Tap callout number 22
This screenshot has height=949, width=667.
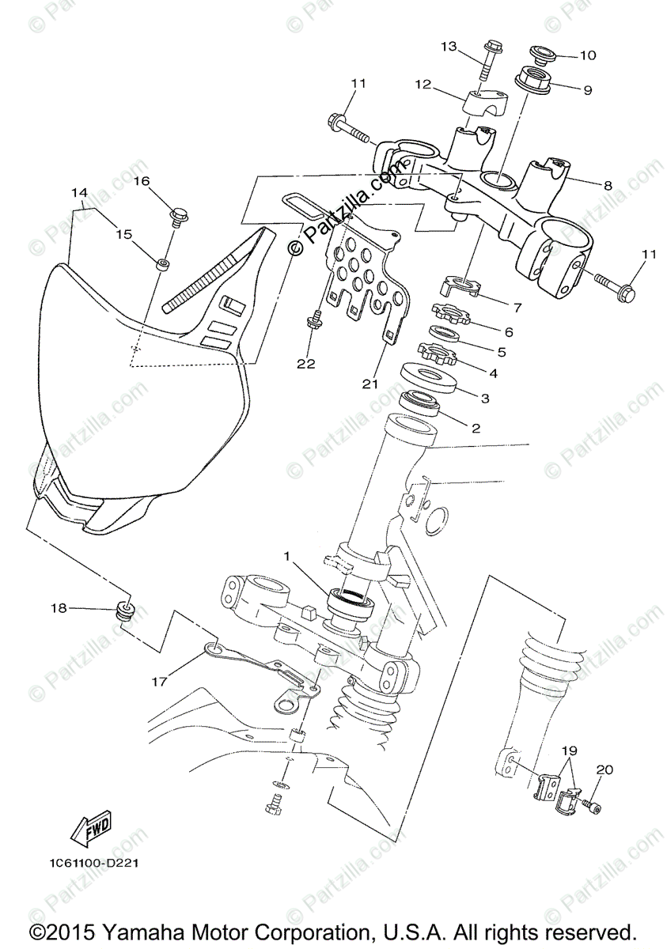coord(306,364)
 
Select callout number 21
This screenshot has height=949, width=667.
coord(370,384)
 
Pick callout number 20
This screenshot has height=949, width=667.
coord(604,768)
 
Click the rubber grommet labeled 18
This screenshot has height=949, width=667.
coord(126,611)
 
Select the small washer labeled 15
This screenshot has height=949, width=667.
coord(163,263)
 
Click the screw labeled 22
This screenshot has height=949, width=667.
coord(315,320)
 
